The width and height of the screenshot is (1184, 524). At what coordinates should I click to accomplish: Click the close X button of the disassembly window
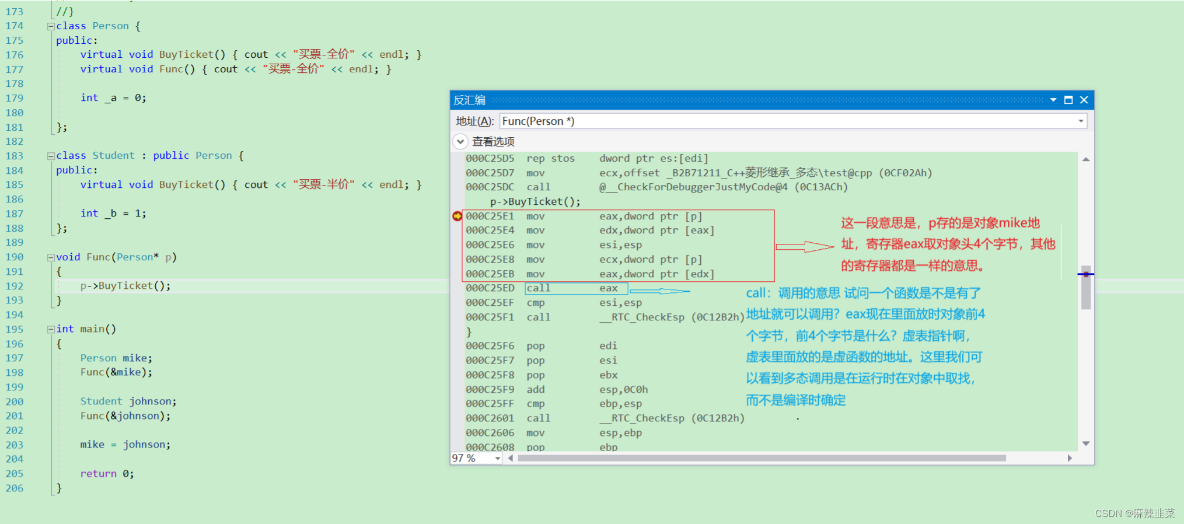click(x=1084, y=100)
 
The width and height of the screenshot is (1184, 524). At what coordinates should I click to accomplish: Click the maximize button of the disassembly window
click(x=1068, y=100)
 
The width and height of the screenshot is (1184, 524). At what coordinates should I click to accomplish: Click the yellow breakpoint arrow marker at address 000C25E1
click(x=457, y=216)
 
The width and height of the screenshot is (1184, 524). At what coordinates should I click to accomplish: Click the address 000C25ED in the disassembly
click(x=490, y=288)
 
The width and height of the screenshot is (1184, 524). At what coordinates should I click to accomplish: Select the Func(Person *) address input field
click(x=788, y=121)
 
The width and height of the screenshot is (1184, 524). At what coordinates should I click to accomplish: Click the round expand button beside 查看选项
click(x=460, y=142)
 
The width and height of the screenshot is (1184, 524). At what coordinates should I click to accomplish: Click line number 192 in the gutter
click(x=15, y=286)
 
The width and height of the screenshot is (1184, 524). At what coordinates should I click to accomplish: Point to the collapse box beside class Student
click(x=51, y=156)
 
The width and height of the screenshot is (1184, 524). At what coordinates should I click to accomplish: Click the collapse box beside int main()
click(x=51, y=330)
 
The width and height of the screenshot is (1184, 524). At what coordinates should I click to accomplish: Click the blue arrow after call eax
click(x=659, y=291)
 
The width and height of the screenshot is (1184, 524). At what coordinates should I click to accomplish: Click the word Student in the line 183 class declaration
click(x=113, y=156)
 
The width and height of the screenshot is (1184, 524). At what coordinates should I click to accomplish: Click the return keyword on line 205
click(x=98, y=474)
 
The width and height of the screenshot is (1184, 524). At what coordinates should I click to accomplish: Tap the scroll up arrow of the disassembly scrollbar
click(x=1085, y=159)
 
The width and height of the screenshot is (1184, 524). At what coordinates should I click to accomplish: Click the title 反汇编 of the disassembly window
click(x=469, y=100)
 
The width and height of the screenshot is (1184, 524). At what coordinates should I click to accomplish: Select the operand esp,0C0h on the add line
click(x=623, y=390)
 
